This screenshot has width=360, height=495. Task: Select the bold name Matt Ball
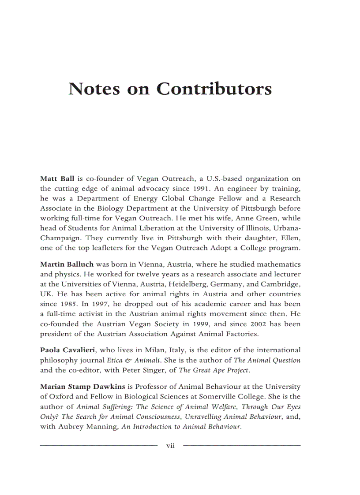point(57,179)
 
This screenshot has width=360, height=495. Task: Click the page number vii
point(170,446)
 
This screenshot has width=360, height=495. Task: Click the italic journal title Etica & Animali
point(131,360)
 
